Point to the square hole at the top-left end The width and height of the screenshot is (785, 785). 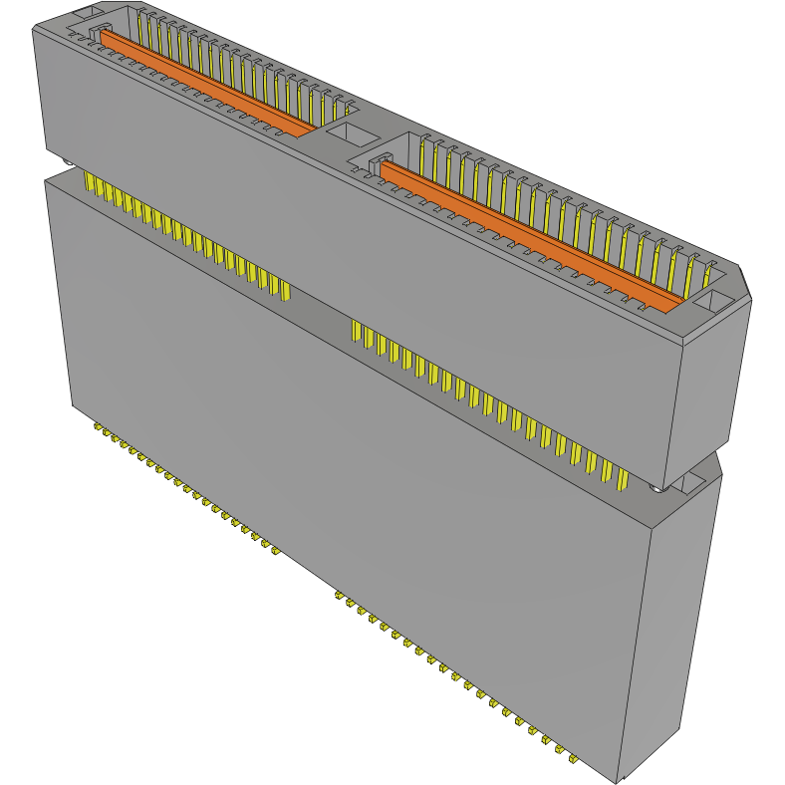(84, 13)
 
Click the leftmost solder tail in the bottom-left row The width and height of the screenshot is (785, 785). (98, 429)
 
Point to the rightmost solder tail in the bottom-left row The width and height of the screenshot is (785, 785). (274, 551)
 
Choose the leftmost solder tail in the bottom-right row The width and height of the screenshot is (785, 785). (339, 596)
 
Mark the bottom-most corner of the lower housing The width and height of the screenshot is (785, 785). (619, 781)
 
